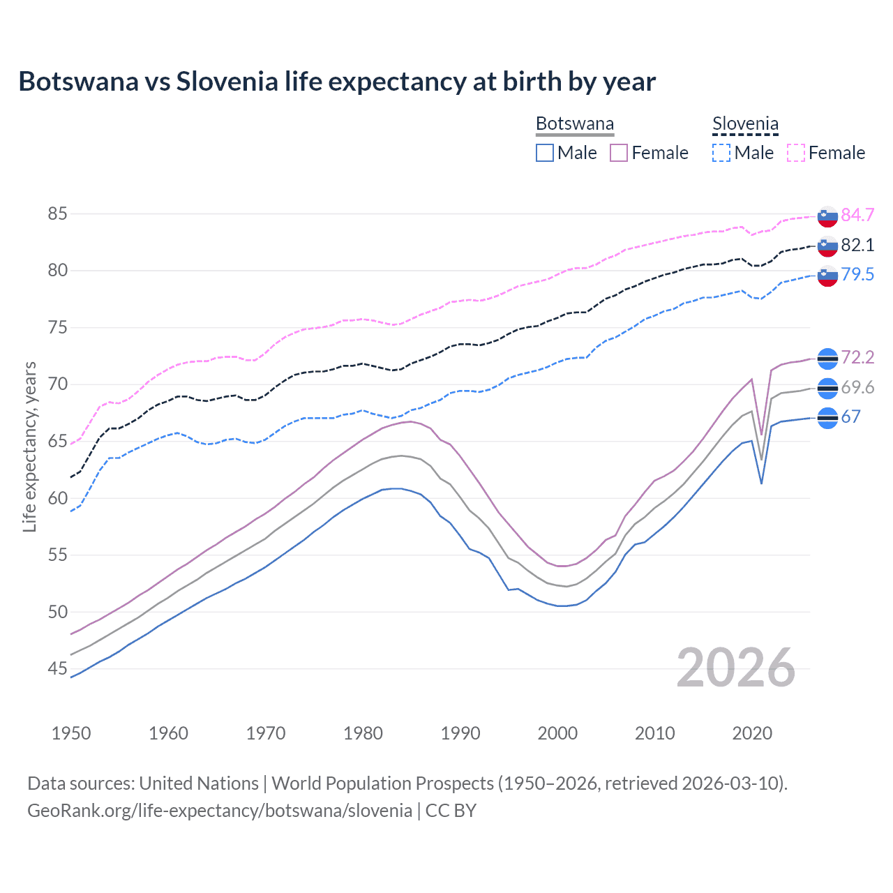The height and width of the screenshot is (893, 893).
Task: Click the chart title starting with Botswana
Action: [337, 82]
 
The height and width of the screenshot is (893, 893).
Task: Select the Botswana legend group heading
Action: [574, 124]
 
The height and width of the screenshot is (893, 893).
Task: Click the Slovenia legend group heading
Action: [745, 124]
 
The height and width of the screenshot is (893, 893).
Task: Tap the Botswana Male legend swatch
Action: [545, 153]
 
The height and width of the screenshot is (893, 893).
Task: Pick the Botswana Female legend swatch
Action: [619, 153]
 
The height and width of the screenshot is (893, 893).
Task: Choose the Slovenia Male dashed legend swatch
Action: [721, 153]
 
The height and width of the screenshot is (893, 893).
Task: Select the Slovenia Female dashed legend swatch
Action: [796, 153]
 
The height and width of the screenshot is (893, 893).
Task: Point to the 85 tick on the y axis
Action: [57, 213]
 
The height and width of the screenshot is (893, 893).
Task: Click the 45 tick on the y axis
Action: [57, 669]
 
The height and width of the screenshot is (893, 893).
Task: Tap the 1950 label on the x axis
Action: [71, 733]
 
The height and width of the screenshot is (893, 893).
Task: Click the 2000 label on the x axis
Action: [557, 733]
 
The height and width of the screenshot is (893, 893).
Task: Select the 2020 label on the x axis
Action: [752, 733]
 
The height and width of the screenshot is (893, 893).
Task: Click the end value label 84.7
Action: [857, 215]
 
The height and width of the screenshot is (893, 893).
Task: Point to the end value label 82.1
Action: [857, 245]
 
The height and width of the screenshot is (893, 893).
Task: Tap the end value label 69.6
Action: [857, 387]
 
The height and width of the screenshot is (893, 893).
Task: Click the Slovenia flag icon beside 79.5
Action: [827, 275]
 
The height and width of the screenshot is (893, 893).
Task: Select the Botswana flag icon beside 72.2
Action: [827, 358]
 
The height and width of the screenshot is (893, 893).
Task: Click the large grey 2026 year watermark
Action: [736, 668]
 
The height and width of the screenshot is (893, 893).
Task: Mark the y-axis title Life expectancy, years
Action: [29, 446]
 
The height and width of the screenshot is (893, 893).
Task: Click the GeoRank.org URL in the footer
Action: [220, 810]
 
